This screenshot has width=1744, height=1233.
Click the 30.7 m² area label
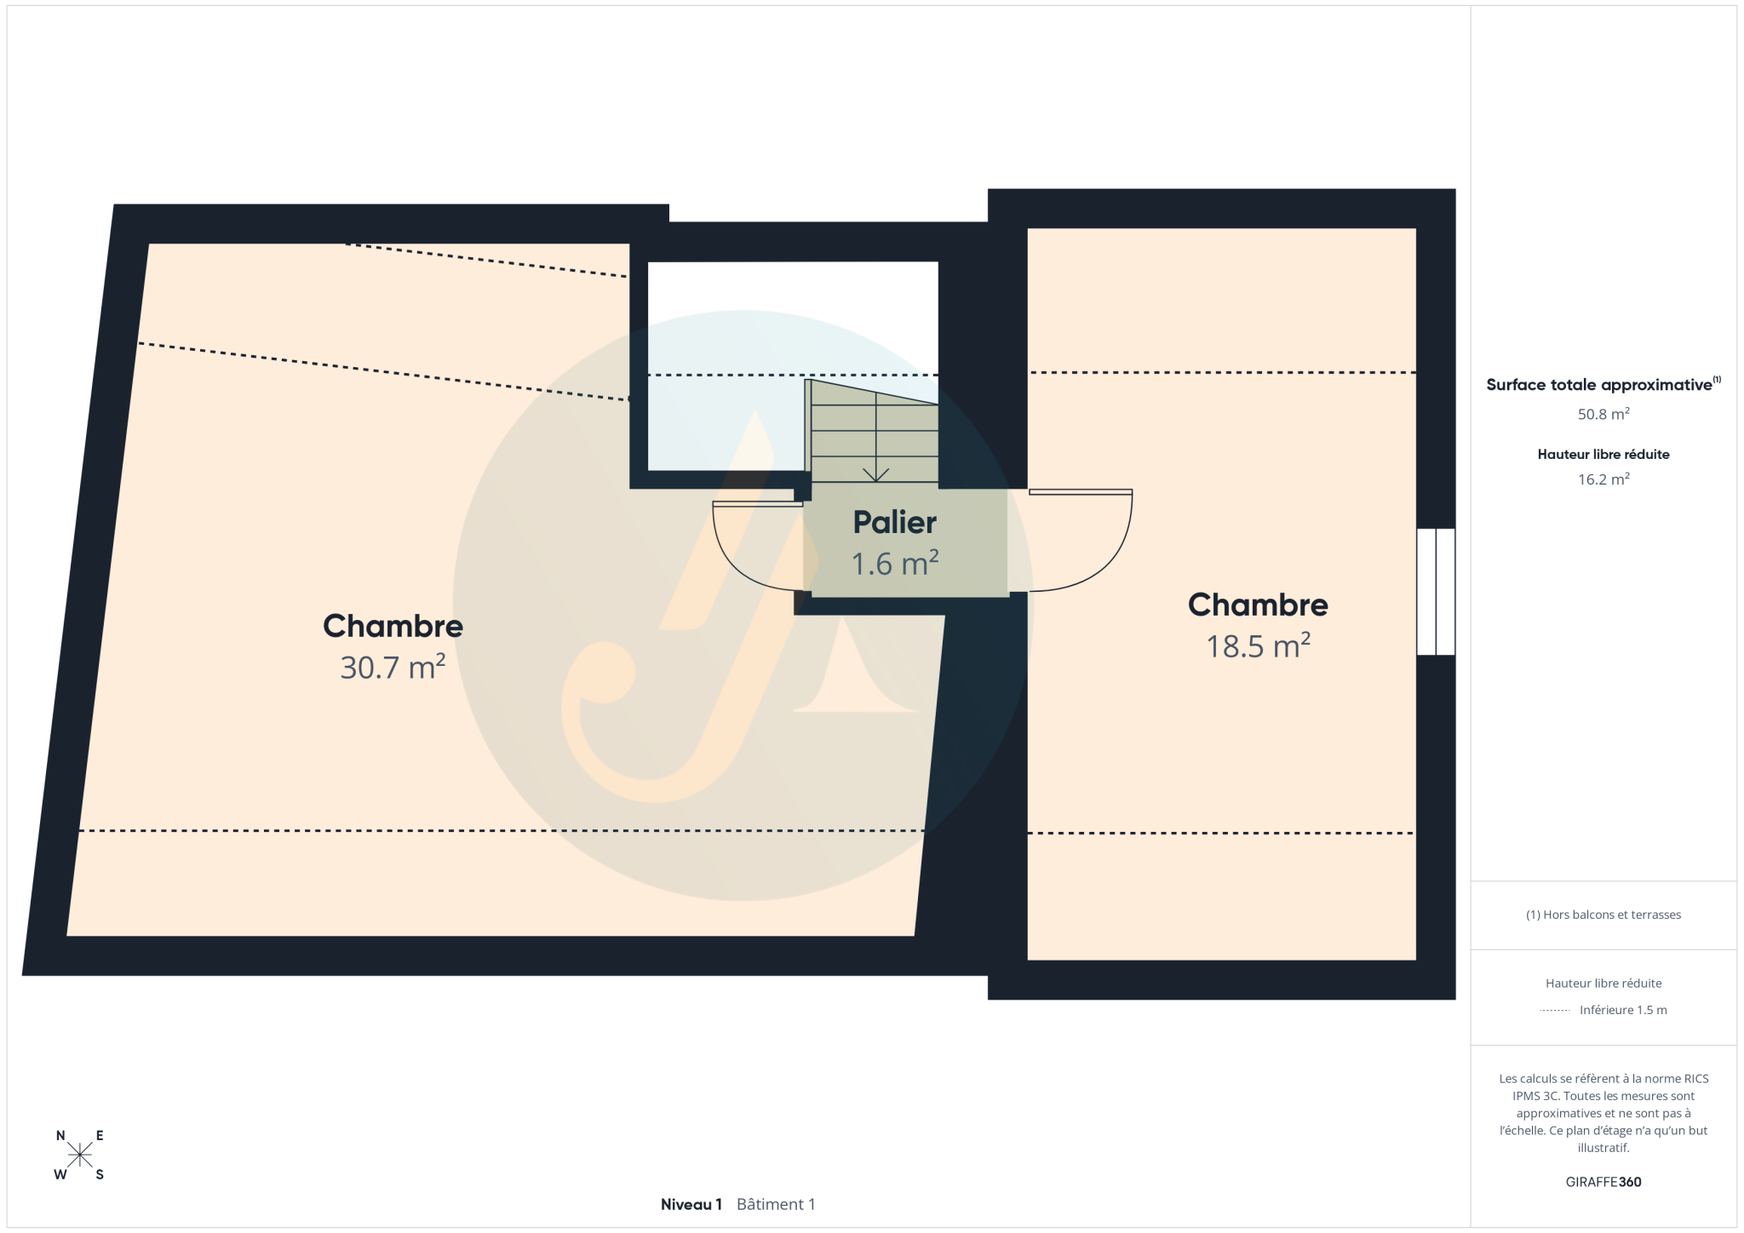[x=393, y=667]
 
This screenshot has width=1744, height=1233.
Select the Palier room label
[x=895, y=522]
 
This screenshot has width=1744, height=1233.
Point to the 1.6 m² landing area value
[x=895, y=563]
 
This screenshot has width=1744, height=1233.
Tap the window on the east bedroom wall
[x=1436, y=592]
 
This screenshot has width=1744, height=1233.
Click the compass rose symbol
[x=80, y=1155]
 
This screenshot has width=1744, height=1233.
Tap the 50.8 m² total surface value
[x=1603, y=415]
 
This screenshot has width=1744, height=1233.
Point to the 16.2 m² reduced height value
[x=1603, y=479]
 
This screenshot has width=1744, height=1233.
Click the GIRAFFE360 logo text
[x=1603, y=1182]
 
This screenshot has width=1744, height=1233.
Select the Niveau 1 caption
[x=691, y=1204]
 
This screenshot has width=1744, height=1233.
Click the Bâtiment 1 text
[x=776, y=1204]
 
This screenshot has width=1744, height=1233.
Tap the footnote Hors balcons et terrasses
[x=1603, y=915]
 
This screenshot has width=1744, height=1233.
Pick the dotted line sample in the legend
[x=1555, y=1011]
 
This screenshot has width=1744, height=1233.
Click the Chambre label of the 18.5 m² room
[x=1258, y=605]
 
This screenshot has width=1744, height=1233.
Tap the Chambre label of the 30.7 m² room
[x=393, y=626]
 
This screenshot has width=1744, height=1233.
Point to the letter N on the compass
[x=60, y=1135]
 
